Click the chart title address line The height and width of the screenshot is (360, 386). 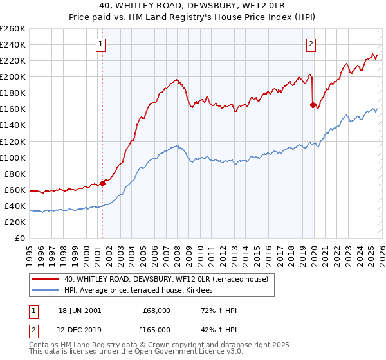point(192,6)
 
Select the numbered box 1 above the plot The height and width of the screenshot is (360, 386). point(102,44)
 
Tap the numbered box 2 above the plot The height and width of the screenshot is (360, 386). point(311,44)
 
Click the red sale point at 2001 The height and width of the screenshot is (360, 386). point(102,183)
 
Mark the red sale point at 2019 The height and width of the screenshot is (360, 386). point(313,105)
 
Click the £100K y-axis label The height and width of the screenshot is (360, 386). point(14,157)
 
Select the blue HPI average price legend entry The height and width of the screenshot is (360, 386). point(143,291)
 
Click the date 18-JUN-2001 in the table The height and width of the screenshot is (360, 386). point(79,310)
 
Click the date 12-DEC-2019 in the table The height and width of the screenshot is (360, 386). point(79,329)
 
